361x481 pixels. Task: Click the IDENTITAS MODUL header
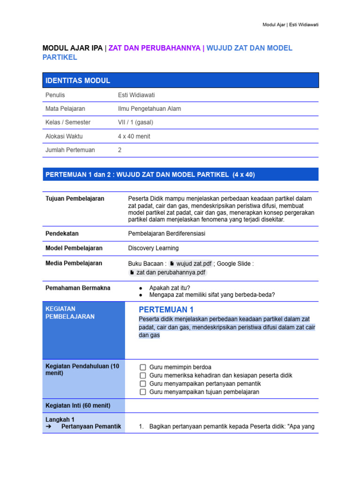[x=78, y=80]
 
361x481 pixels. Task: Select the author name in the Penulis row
[x=136, y=95]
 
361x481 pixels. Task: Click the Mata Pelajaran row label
[x=65, y=109]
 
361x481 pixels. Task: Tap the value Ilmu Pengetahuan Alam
[x=149, y=109]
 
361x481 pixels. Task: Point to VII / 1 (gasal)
[x=135, y=122]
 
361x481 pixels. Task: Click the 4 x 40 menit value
[x=134, y=136]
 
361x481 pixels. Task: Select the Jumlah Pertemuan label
[x=70, y=150]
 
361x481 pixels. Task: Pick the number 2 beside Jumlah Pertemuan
[x=120, y=150]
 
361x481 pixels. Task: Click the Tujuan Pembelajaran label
[x=75, y=199]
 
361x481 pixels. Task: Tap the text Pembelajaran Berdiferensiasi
[x=166, y=233]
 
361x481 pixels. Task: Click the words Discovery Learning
[x=153, y=248]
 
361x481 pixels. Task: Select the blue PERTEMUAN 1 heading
[x=166, y=310]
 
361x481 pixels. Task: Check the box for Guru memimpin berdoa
[x=143, y=367]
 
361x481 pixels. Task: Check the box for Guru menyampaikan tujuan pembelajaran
[x=143, y=392]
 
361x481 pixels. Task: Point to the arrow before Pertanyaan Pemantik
[x=48, y=427]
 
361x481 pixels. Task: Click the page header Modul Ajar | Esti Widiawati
[x=290, y=24]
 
